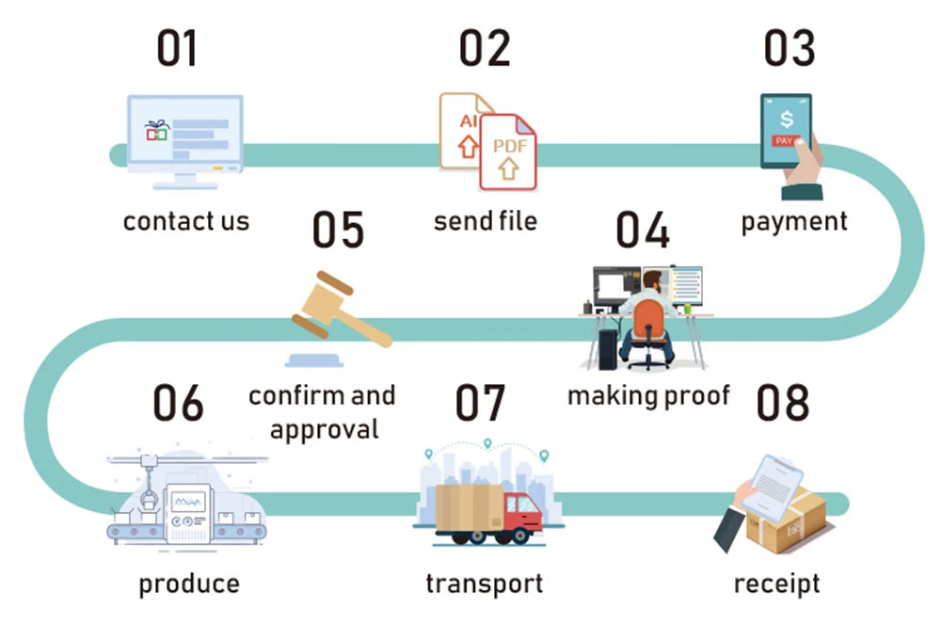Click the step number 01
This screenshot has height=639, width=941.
coord(177,48)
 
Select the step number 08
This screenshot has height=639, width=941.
coord(782,403)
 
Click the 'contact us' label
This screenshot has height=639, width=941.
coord(186,222)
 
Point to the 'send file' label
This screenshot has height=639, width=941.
coord(485,221)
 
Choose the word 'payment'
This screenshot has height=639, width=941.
coord(793,222)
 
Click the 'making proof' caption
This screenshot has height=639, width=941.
coord(648,395)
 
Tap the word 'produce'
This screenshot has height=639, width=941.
coord(189,583)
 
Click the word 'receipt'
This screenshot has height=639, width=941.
coord(776,583)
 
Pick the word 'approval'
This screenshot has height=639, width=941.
coord(324,429)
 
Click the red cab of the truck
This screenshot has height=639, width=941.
coord(521,514)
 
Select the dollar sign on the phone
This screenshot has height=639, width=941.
coord(786,120)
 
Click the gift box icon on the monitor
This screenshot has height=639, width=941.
coord(156,131)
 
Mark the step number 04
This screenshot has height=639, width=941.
coord(643,231)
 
